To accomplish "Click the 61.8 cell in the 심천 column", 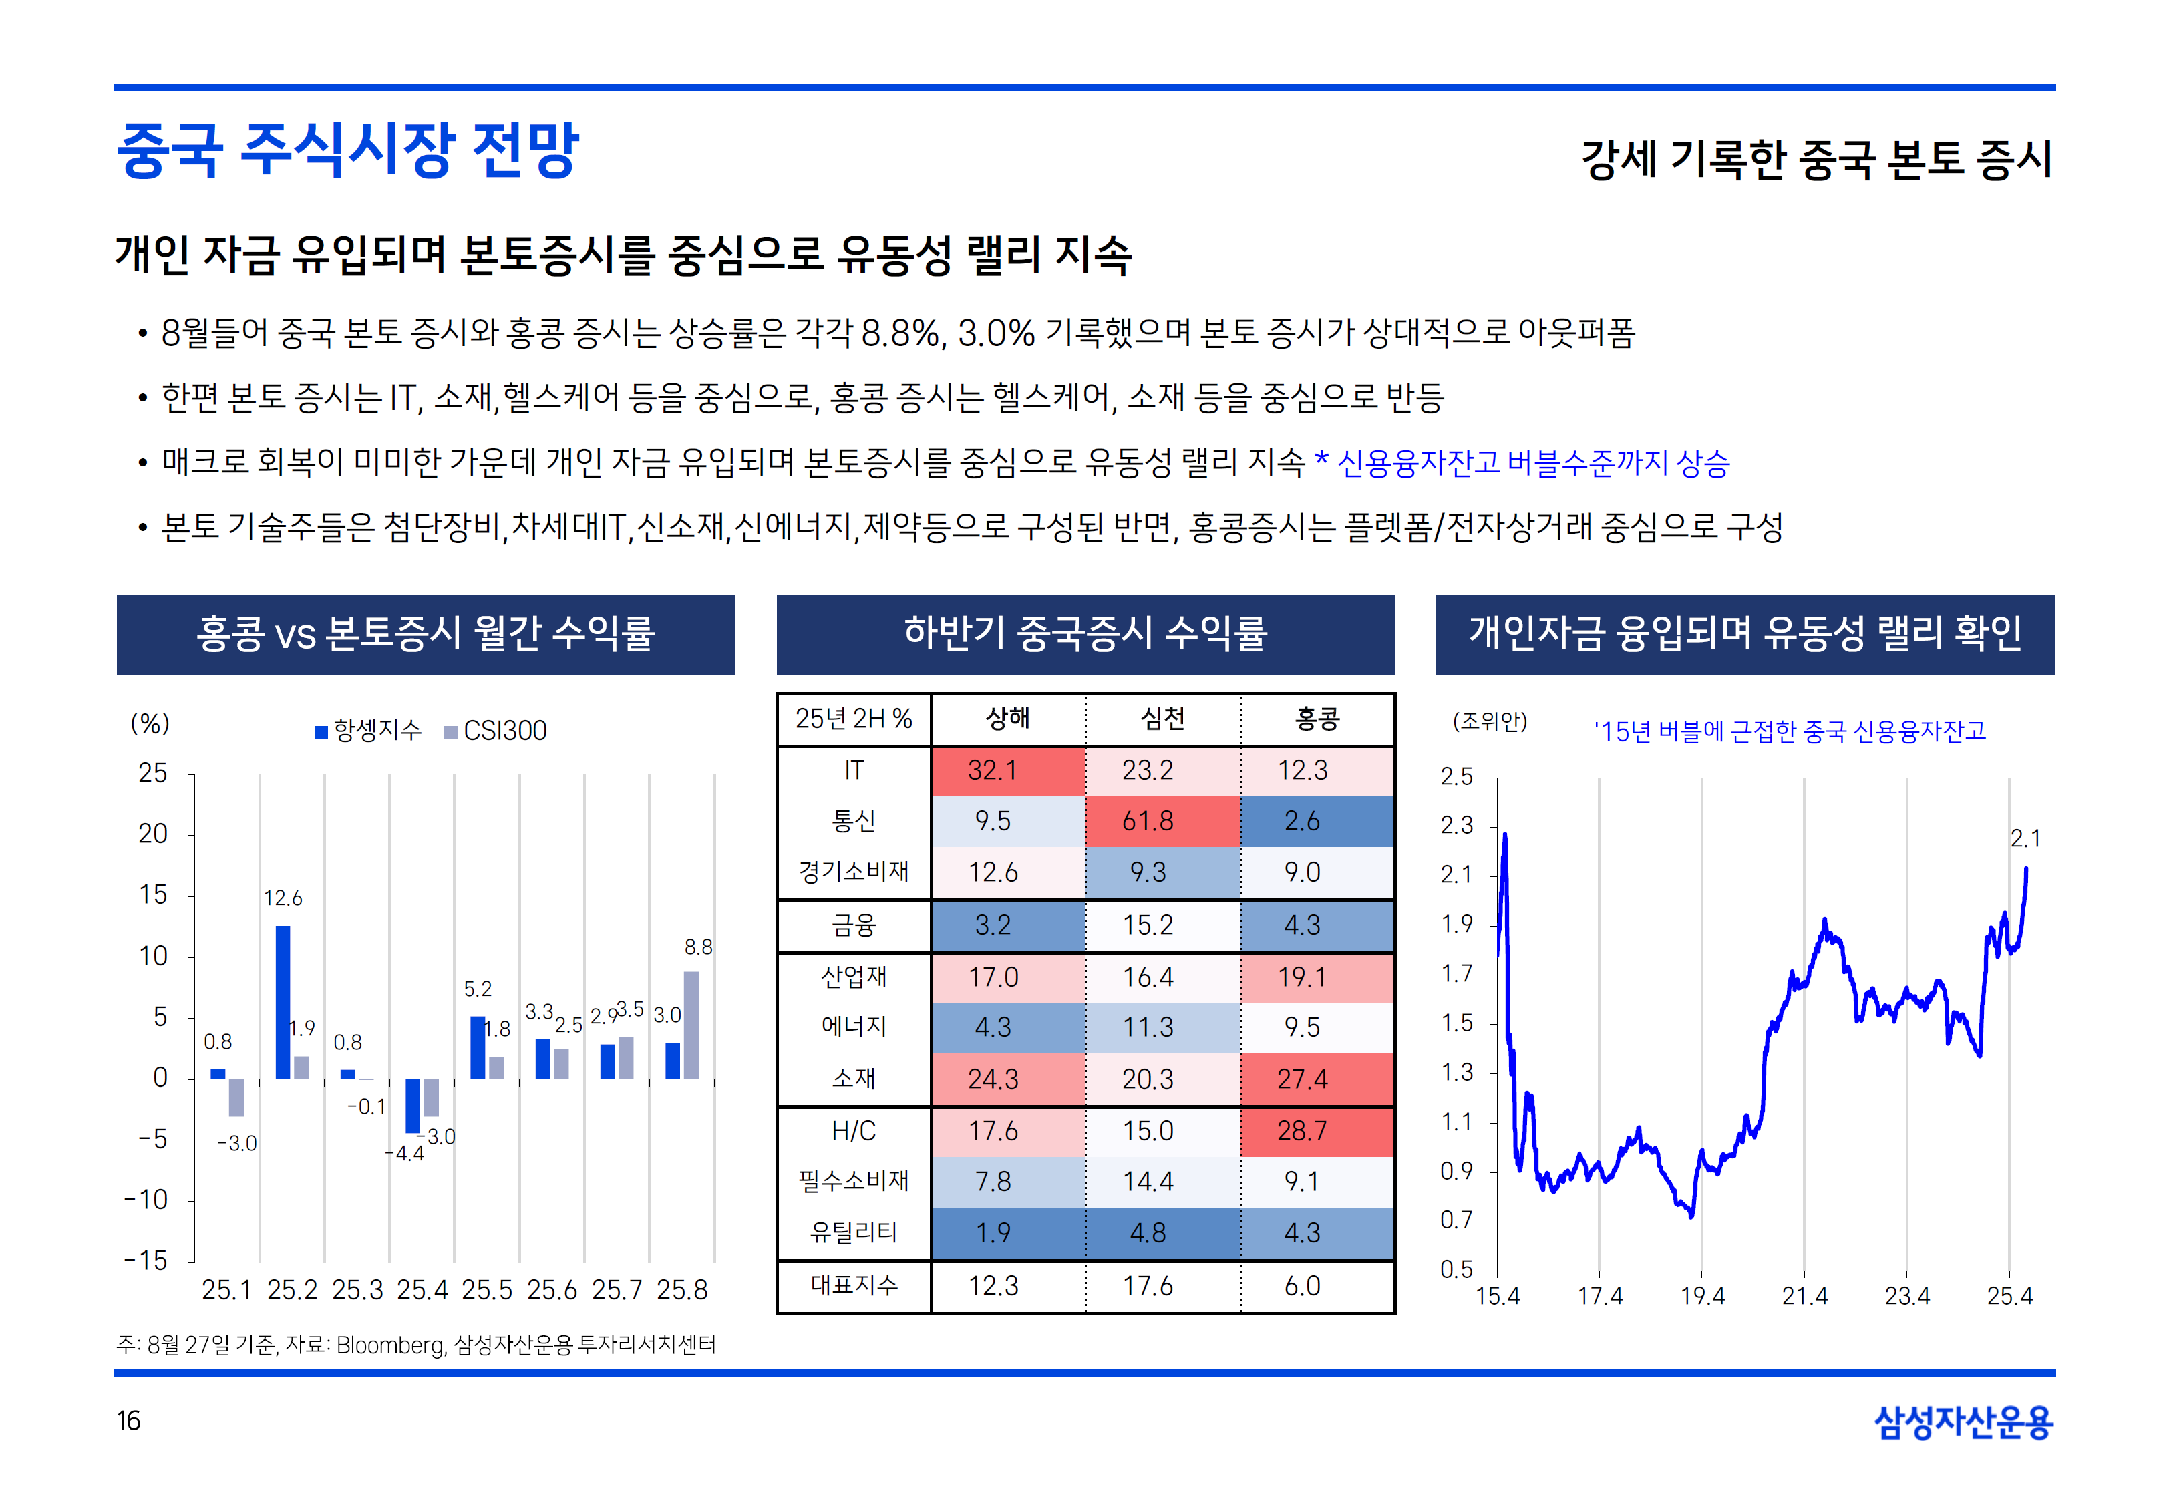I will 1147,821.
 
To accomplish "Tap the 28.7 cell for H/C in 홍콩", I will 1301,1130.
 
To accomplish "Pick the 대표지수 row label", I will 854,1285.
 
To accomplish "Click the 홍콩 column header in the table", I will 1316,719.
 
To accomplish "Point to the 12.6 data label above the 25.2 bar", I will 283,898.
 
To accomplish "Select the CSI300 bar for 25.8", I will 691,1025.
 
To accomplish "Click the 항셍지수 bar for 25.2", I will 283,1002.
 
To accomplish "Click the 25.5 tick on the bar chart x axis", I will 487,1290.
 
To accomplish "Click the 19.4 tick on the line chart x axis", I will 1702,1297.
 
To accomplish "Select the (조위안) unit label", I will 1490,722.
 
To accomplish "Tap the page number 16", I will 128,1420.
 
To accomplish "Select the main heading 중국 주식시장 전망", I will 347,151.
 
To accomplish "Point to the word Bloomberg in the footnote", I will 389,1345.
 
